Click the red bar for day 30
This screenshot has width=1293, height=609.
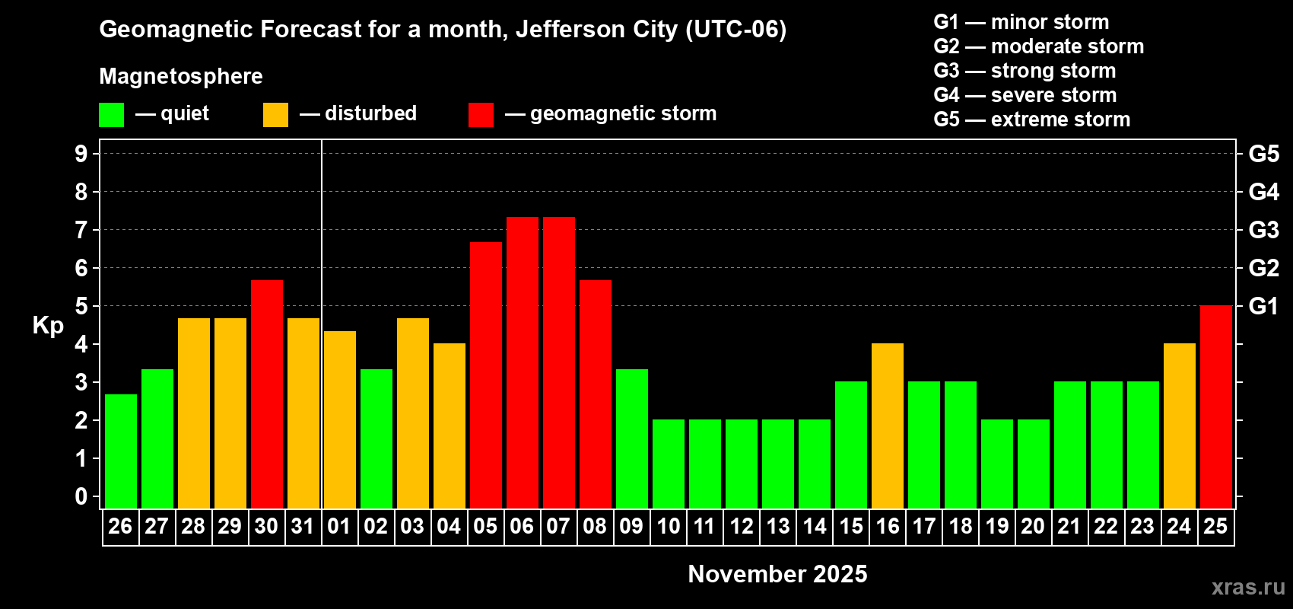coord(267,394)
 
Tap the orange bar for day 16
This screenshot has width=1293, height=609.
coord(888,426)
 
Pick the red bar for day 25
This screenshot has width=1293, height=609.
coord(1216,407)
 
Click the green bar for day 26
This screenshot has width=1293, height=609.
coord(121,451)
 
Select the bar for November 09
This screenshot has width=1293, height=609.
coord(632,438)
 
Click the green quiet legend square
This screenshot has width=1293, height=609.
coord(112,115)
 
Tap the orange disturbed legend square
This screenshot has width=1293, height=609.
coord(275,115)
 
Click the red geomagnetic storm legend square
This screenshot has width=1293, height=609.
coord(481,115)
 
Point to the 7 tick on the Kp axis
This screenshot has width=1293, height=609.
coord(81,230)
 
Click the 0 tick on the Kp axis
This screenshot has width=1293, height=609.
coord(81,496)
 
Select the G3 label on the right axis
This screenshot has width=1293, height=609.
coord(1263,230)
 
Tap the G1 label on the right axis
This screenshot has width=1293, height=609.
coord(1263,306)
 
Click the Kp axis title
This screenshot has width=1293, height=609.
coord(48,325)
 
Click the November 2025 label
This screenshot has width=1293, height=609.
coord(777,574)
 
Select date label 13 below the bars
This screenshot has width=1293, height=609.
coord(777,527)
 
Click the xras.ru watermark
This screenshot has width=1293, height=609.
coord(1248,587)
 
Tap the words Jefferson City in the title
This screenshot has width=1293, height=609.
coord(596,29)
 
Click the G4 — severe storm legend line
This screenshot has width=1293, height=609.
coord(1025,95)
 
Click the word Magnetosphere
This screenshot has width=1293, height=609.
coord(181,76)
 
